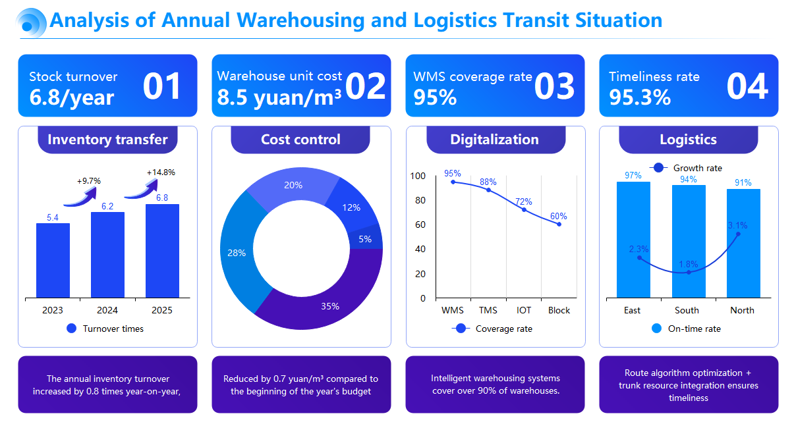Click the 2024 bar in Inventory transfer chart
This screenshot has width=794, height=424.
[107, 255]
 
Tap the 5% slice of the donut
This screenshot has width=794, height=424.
[365, 239]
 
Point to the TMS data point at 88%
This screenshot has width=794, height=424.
[488, 190]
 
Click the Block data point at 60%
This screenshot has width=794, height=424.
[559, 225]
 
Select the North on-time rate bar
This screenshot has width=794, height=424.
[743, 244]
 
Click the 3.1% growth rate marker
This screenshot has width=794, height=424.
[738, 234]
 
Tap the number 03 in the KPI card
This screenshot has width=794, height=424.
[554, 87]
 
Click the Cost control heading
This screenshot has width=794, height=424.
[300, 140]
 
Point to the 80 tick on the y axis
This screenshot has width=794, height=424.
[418, 200]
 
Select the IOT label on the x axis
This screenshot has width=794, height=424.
[524, 310]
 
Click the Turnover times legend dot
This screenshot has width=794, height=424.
[72, 329]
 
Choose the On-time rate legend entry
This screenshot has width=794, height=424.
[686, 329]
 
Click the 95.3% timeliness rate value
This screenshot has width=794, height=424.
[640, 97]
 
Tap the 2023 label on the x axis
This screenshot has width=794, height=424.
[53, 310]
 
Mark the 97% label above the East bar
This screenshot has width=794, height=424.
[633, 175]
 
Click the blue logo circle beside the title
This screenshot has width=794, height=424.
[30, 21]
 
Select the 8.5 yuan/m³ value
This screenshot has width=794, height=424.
[279, 97]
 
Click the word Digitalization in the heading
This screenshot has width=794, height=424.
[494, 140]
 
